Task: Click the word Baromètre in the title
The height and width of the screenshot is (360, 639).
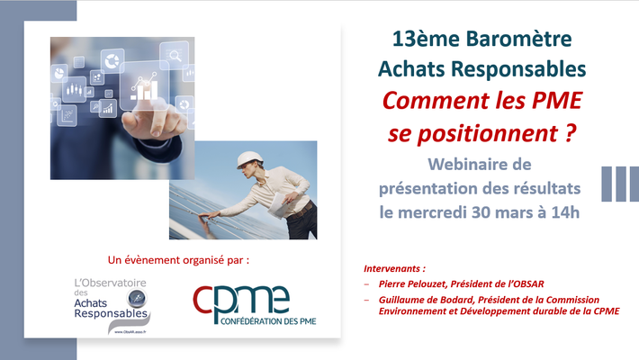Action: (518, 39)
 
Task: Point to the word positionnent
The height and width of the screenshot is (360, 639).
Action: (488, 134)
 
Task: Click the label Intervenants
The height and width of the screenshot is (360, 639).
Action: (392, 269)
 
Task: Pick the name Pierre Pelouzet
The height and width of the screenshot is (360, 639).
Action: (412, 283)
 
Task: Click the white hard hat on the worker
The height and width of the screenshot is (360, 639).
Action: (249, 159)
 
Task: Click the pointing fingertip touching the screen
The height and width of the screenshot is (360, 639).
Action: (156, 130)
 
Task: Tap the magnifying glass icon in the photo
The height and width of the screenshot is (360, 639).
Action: (175, 55)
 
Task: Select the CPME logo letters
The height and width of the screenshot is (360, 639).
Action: (241, 301)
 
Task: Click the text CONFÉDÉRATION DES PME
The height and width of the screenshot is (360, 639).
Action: (268, 321)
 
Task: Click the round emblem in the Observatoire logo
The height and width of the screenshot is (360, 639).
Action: (136, 299)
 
